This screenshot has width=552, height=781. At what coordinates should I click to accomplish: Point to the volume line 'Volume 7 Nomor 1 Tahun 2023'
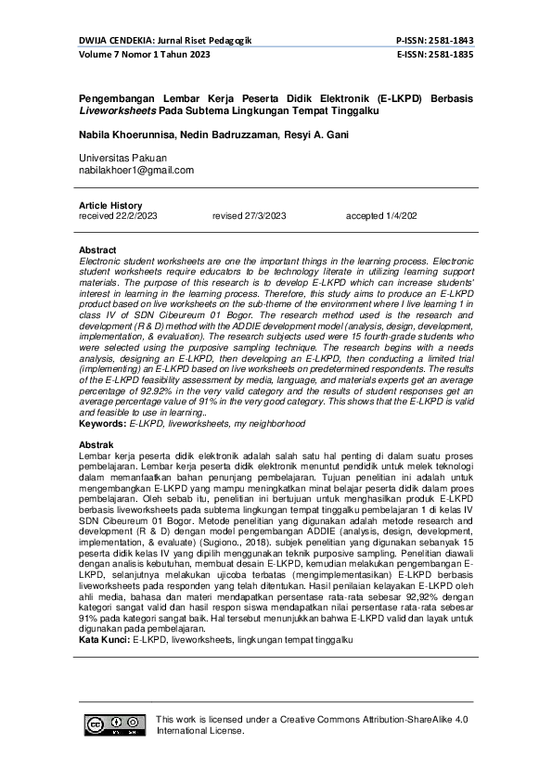click(x=144, y=55)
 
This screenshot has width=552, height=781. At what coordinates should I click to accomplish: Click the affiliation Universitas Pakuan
click(x=123, y=159)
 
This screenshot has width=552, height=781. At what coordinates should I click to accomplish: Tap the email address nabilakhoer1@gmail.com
click(x=136, y=171)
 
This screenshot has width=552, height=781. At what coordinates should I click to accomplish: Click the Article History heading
click(x=110, y=206)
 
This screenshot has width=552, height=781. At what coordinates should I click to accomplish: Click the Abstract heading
click(x=97, y=250)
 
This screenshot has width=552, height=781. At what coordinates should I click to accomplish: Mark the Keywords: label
click(x=103, y=423)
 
